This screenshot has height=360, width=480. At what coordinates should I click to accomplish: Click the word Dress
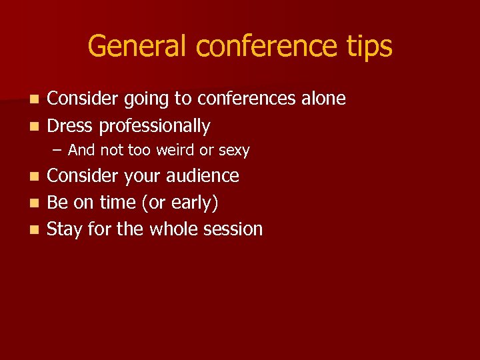pyautogui.click(x=69, y=125)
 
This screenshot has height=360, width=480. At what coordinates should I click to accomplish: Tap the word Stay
pyautogui.click(x=66, y=230)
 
